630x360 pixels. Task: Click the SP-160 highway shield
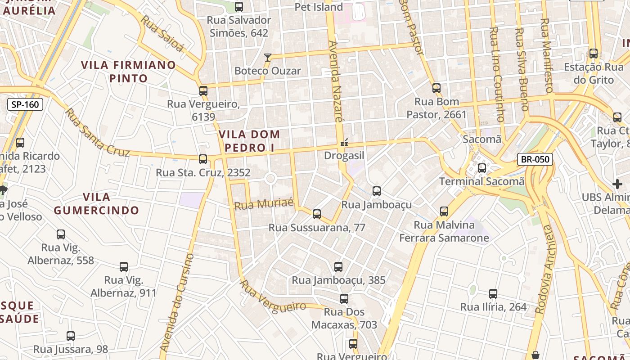pyautogui.click(x=25, y=105)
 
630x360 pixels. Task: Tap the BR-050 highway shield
pyautogui.click(x=535, y=159)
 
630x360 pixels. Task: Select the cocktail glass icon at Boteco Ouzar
pyautogui.click(x=268, y=57)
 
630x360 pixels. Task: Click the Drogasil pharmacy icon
pyautogui.click(x=344, y=143)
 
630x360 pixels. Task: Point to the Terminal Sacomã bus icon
pyautogui.click(x=482, y=168)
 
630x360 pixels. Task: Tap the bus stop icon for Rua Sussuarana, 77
pyautogui.click(x=317, y=214)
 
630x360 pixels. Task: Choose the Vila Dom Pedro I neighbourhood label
pyautogui.click(x=249, y=141)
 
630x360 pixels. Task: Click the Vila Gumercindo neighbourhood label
pyautogui.click(x=97, y=203)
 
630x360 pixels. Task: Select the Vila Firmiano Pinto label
pyautogui.click(x=128, y=72)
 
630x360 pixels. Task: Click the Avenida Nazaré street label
pyautogui.click(x=336, y=81)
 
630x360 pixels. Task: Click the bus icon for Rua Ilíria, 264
pyautogui.click(x=493, y=294)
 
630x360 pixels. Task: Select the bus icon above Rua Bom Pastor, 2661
pyautogui.click(x=436, y=88)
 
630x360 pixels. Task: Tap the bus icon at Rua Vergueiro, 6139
pyautogui.click(x=203, y=91)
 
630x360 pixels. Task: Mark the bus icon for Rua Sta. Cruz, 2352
pyautogui.click(x=203, y=159)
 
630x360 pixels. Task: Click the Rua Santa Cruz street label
pyautogui.click(x=97, y=133)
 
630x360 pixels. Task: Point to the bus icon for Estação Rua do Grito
pyautogui.click(x=594, y=54)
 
